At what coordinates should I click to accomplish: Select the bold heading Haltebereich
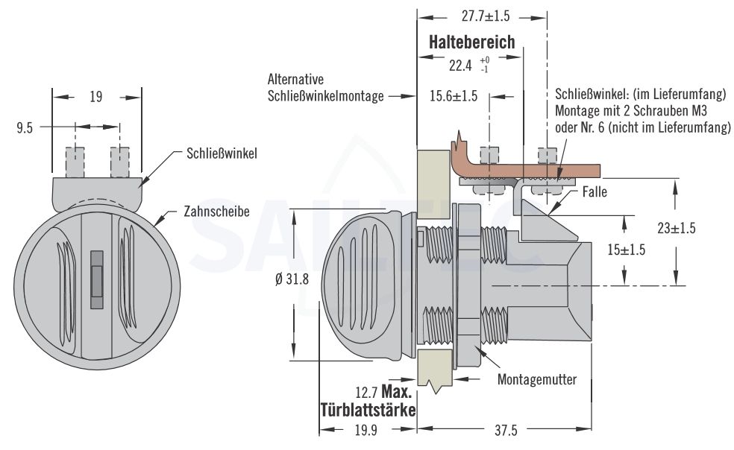click(471, 42)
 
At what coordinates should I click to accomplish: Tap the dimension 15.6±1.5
click(454, 97)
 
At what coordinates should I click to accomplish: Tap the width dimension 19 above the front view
click(95, 97)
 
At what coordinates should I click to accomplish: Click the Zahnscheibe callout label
click(216, 212)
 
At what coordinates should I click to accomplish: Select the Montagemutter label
click(537, 379)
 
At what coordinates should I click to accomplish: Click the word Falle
click(595, 192)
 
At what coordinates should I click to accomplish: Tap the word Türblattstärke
click(368, 409)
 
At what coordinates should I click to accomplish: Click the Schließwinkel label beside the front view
click(222, 155)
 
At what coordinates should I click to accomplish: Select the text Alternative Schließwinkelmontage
click(324, 87)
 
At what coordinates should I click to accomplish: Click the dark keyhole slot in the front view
click(96, 279)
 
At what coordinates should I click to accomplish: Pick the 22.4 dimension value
click(460, 65)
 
